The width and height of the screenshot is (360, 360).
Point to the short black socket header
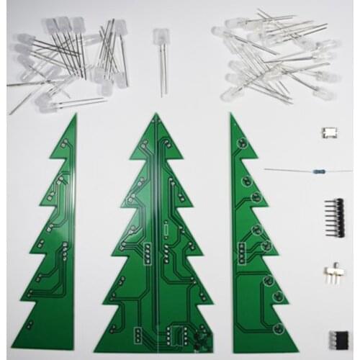[337, 338]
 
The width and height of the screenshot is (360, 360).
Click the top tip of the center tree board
[156, 114]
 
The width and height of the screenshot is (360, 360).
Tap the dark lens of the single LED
[158, 37]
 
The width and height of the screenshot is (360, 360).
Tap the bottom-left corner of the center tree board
[95, 351]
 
